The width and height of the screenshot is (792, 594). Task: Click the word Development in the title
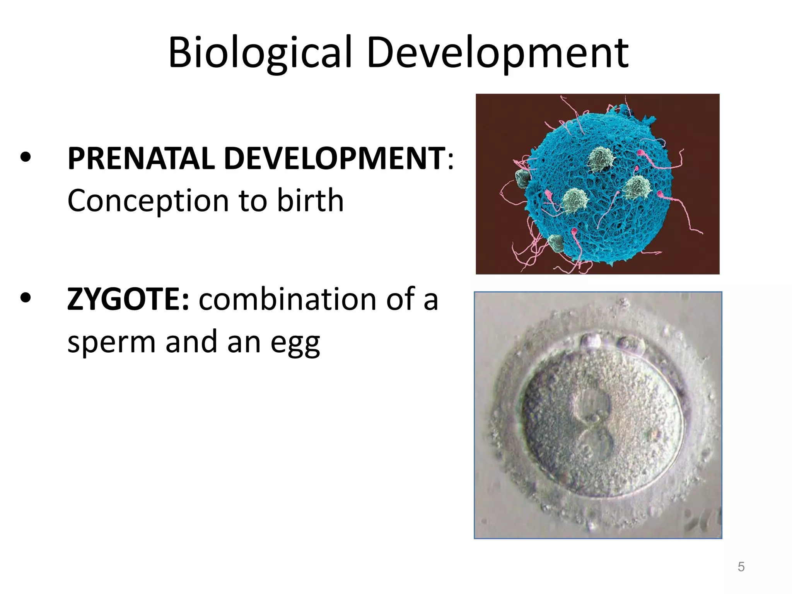[x=498, y=53]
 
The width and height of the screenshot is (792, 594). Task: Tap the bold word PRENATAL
[x=141, y=159]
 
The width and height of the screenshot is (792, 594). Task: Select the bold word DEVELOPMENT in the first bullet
[x=334, y=159]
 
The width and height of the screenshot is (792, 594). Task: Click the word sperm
[x=111, y=342]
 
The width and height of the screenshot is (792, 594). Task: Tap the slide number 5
[x=741, y=567]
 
